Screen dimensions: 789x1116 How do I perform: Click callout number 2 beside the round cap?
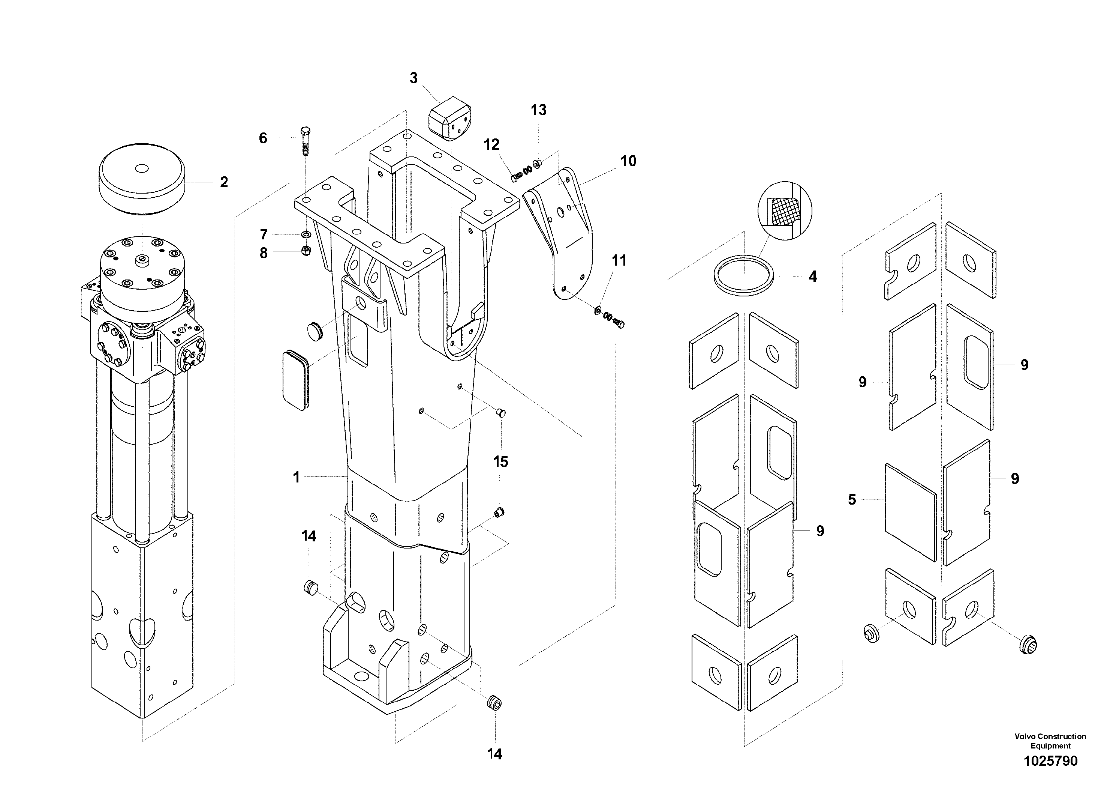click(223, 182)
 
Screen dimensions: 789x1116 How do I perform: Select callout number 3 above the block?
click(413, 78)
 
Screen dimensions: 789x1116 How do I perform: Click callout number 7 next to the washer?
click(264, 235)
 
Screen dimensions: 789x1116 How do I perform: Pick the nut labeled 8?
click(306, 251)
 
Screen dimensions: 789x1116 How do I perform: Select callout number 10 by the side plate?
click(628, 161)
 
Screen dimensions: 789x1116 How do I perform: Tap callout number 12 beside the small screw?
click(491, 144)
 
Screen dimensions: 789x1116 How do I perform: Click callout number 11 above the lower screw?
click(619, 261)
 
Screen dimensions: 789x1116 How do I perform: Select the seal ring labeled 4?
click(743, 275)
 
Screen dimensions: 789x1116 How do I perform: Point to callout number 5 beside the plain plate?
click(852, 500)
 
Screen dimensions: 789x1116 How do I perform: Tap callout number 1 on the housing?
click(297, 478)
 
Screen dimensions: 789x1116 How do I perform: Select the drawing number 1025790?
click(1050, 761)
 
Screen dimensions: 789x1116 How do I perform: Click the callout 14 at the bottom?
click(494, 754)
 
